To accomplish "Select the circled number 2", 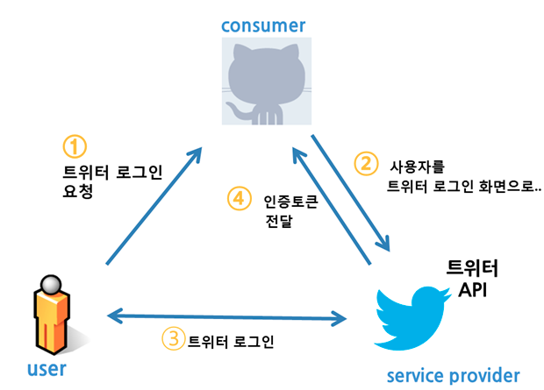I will pos(365,164).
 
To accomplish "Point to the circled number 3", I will pos(173,338).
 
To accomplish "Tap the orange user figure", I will pos(51,316).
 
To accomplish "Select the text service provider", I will pos(453,376).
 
